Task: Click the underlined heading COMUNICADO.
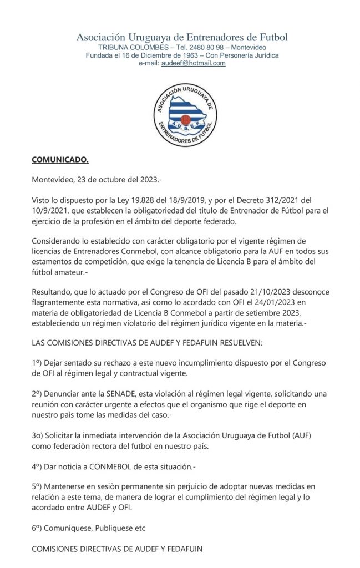coord(59,160)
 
